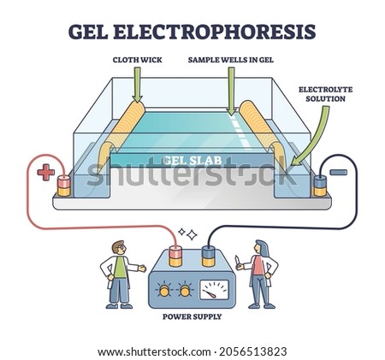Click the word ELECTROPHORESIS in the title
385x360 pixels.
pos(215,32)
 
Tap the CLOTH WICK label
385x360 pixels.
pos(137,60)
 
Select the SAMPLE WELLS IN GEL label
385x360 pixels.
pos(231,60)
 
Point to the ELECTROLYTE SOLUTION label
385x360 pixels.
pos(325,94)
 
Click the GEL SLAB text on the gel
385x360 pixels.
pos(193,160)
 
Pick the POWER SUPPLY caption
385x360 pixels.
pos(192,316)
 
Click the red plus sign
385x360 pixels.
pos(46,172)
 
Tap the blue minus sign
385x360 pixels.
pos(339,172)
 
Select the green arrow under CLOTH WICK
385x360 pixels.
pos(137,85)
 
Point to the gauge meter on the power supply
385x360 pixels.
pos(214,290)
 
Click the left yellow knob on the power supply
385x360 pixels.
pos(163,291)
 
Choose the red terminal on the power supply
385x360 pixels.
pos(175,257)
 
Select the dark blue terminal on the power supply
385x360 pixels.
pos(208,257)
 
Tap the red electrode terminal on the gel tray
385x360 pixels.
pos(64,186)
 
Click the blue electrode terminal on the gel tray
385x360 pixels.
pos(320,186)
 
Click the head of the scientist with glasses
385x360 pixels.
pos(119,248)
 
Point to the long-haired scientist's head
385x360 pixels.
pos(261,247)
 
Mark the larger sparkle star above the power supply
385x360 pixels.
pos(192,235)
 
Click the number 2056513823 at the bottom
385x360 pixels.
pos(252,351)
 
